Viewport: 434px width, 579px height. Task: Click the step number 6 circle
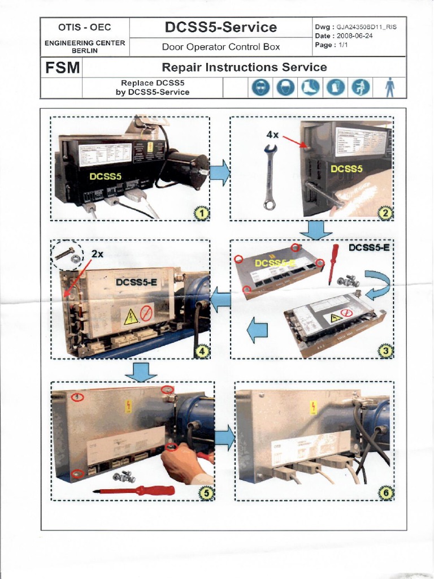coord(386,493)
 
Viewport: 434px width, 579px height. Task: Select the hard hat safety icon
coord(283,88)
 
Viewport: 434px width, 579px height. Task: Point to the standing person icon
coord(389,88)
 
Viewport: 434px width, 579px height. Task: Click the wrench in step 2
coord(270,176)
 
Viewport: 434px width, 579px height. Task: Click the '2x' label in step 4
coord(97,254)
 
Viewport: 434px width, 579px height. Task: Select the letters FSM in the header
coord(61,68)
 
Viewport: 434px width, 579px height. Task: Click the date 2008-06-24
coord(354,36)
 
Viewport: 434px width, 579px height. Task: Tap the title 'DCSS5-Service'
coord(220,27)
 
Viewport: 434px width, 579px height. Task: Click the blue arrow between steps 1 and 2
coord(220,172)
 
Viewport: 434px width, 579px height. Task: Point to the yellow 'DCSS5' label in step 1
coord(105,176)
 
